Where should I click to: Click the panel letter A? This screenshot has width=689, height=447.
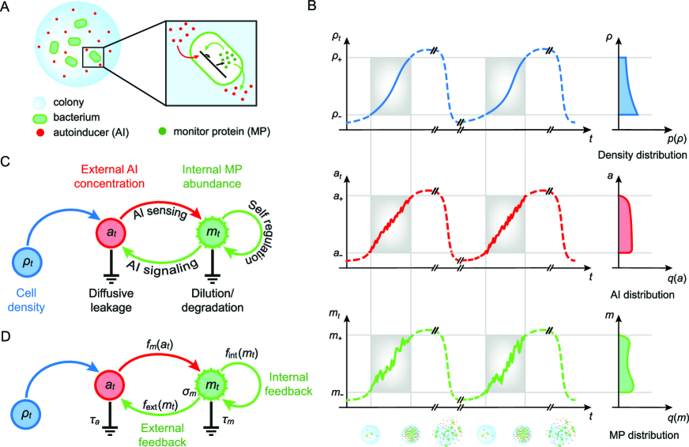point(6,8)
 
